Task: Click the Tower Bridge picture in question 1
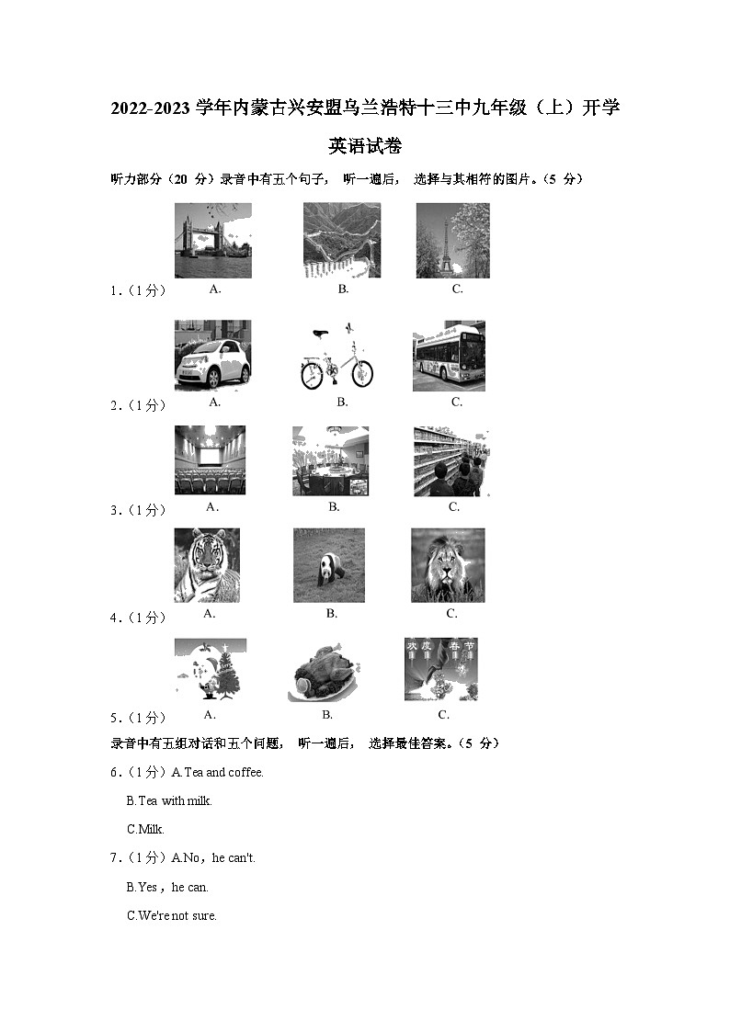coord(212,241)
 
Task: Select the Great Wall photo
coord(342,241)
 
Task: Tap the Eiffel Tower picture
coord(452,241)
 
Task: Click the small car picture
coord(212,356)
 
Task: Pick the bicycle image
coord(336,356)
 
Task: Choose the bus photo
coord(449,356)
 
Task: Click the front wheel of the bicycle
coord(361,374)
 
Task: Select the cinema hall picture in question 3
coord(210,459)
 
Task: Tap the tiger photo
coord(207,565)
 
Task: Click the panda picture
coord(329,565)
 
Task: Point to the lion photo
coord(448,565)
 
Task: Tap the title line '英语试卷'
coord(365,146)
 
